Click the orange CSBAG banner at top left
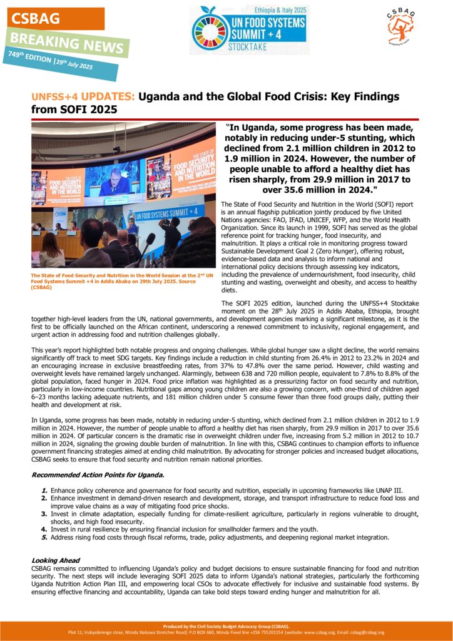click(x=55, y=18)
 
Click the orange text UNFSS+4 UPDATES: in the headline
click(x=83, y=97)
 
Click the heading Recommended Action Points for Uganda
click(x=98, y=475)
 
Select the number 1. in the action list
click(x=44, y=489)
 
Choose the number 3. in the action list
click(x=44, y=513)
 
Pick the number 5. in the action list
click(x=44, y=537)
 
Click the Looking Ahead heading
click(x=56, y=560)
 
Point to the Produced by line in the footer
click(x=226, y=626)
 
